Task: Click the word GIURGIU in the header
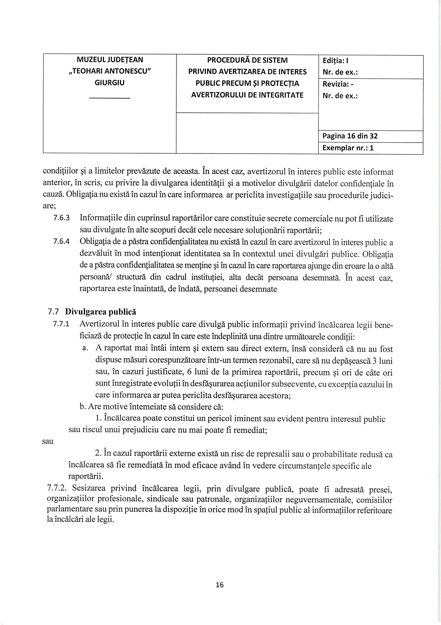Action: (x=110, y=83)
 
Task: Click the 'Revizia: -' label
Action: (x=338, y=84)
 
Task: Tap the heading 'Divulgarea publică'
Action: (x=101, y=312)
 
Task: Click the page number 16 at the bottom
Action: (x=220, y=585)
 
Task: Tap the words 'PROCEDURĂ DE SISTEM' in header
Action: (x=247, y=60)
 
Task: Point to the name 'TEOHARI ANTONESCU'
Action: (x=110, y=71)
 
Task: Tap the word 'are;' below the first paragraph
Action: (x=49, y=206)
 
